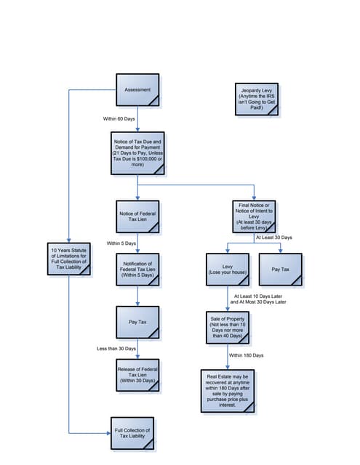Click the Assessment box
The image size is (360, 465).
tap(137, 90)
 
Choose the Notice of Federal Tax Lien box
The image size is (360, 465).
tap(137, 217)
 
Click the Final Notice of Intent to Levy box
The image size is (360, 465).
tap(254, 216)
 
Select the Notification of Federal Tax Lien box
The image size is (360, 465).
tap(137, 270)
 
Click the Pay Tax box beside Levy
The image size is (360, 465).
tap(280, 269)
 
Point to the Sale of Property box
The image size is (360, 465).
tap(228, 327)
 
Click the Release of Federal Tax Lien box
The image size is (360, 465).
tap(137, 376)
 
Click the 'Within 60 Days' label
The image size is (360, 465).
tap(119, 118)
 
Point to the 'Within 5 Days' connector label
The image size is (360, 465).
tap(121, 243)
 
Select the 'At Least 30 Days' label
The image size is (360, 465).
tap(273, 238)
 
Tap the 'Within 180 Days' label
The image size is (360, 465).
tap(246, 355)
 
